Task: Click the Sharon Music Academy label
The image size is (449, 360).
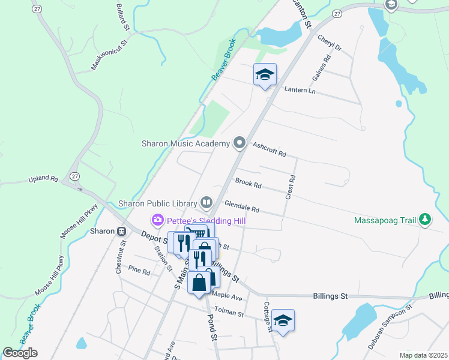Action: pos(185,143)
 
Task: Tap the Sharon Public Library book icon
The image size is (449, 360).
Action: pos(207,202)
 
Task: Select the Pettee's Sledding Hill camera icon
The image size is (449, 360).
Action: pos(158,220)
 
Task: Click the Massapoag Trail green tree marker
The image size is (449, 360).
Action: pos(425,220)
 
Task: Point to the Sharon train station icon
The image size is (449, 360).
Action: pos(121,231)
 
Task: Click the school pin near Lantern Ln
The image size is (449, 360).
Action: pos(265,74)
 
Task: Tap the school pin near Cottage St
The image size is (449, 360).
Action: pos(283,320)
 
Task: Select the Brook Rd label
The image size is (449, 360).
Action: pos(249,183)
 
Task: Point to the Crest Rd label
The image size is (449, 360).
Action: pos(292,187)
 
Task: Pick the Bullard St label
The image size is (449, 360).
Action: pos(123,17)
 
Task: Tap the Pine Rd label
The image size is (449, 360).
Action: pos(139,271)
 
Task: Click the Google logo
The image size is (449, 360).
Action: pos(20,353)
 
